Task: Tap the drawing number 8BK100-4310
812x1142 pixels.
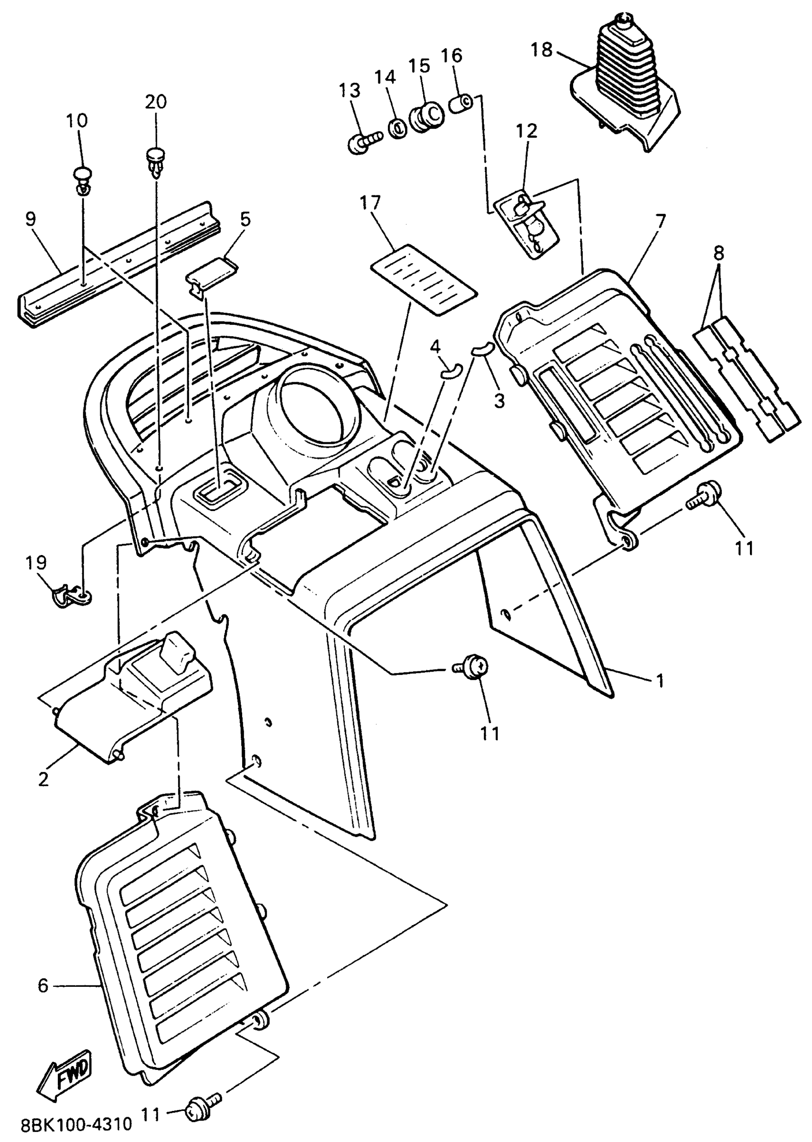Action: pyautogui.click(x=76, y=1125)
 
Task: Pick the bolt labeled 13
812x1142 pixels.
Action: pyautogui.click(x=363, y=143)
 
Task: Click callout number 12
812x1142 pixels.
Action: pyautogui.click(x=526, y=131)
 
